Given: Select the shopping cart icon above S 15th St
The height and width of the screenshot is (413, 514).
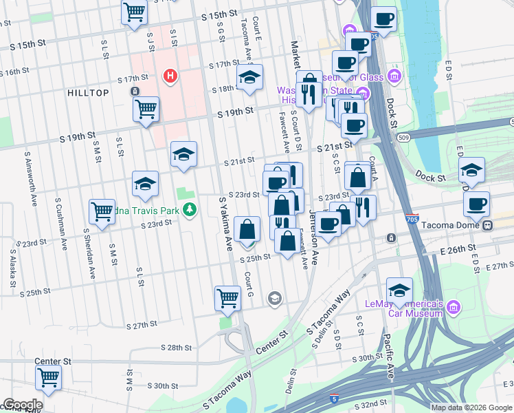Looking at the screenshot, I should [x=134, y=12].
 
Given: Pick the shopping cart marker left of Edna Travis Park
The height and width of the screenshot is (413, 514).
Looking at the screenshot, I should [x=102, y=211].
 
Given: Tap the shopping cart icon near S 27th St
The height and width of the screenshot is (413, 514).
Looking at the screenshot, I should [x=227, y=299].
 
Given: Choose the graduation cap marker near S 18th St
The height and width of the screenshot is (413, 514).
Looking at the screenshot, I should [x=249, y=78].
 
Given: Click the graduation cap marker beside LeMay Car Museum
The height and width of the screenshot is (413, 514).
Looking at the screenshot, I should [x=399, y=290].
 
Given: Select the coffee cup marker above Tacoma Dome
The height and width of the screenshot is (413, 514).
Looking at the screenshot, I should [x=476, y=204].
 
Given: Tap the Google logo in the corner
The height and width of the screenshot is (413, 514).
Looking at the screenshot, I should [x=22, y=405].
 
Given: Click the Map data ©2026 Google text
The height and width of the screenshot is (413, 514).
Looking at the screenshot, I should [x=471, y=407].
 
